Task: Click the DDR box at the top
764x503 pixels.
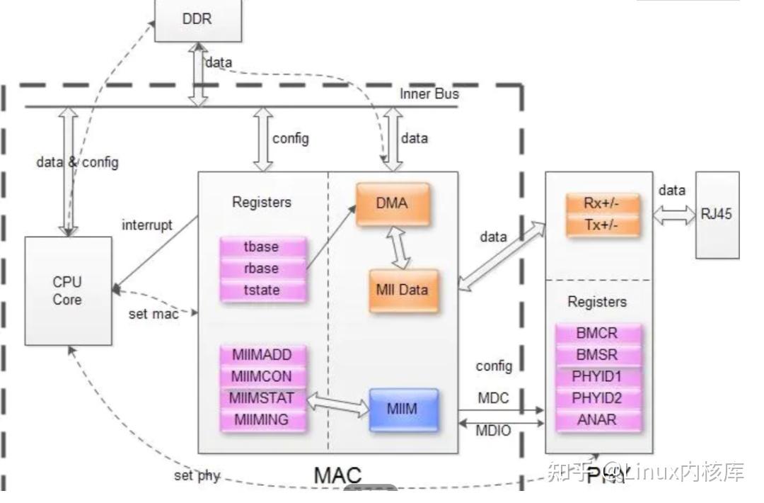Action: pyautogui.click(x=197, y=19)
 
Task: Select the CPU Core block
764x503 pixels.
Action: pyautogui.click(x=68, y=290)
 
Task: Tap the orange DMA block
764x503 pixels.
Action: pyautogui.click(x=393, y=204)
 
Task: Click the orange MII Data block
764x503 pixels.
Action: pyautogui.click(x=403, y=290)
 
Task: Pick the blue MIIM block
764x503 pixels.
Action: pyautogui.click(x=403, y=409)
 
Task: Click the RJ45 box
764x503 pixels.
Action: pyautogui.click(x=717, y=215)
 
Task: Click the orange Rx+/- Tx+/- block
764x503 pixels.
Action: pyautogui.click(x=602, y=213)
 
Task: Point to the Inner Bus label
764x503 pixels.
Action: pyautogui.click(x=429, y=94)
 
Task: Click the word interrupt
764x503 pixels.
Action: pyautogui.click(x=147, y=225)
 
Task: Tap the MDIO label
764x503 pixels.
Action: pyautogui.click(x=493, y=431)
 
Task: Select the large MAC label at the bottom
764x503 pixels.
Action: pyautogui.click(x=337, y=475)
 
